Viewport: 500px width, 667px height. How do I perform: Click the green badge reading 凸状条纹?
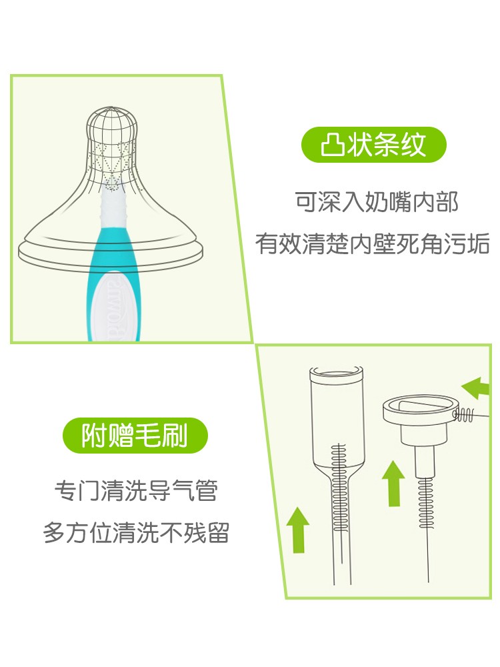click(x=373, y=145)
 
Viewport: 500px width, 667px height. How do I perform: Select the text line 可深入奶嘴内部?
click(x=377, y=202)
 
